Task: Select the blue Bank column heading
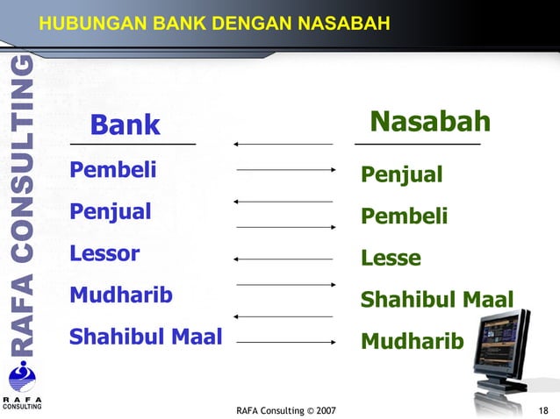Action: (126, 125)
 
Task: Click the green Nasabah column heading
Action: (429, 122)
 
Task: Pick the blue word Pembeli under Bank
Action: (113, 169)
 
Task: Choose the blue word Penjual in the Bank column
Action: (111, 211)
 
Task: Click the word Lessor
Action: (105, 254)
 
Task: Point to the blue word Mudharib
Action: (121, 295)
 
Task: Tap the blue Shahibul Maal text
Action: (146, 337)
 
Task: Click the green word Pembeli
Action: (405, 217)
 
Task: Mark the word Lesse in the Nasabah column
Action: (391, 259)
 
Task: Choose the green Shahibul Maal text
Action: (437, 300)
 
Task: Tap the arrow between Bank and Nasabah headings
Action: (284, 143)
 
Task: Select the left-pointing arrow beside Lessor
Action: (284, 259)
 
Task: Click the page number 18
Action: (543, 410)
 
